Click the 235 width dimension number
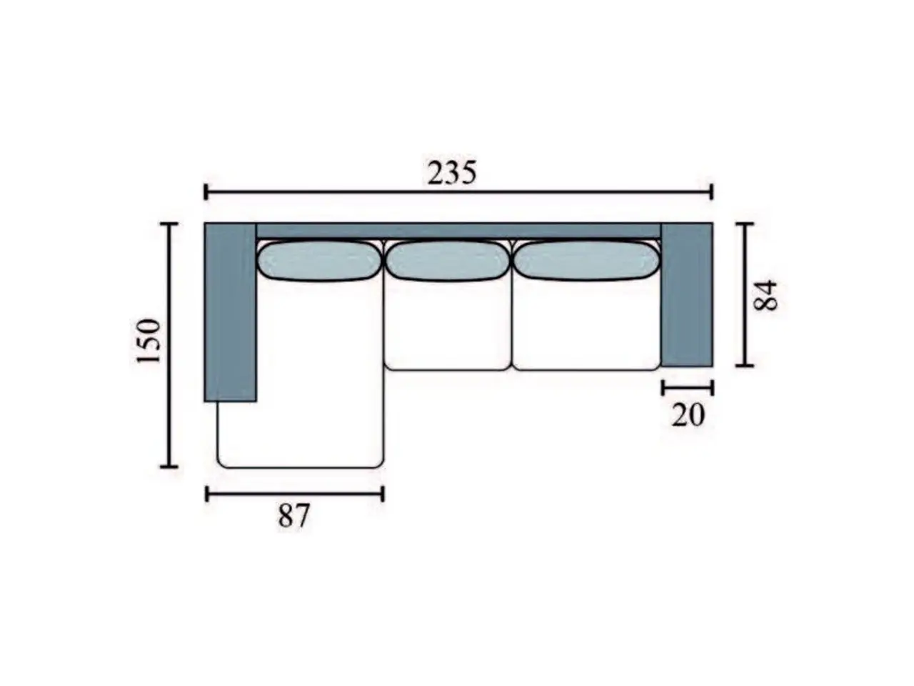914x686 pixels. (x=451, y=173)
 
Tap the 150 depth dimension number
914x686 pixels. (x=149, y=341)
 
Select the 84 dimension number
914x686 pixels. (x=765, y=295)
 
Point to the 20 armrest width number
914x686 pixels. (x=688, y=414)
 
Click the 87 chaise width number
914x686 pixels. (x=294, y=516)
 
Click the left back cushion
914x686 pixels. (x=319, y=261)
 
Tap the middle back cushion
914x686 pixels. (x=448, y=261)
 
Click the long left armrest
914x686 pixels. (x=230, y=312)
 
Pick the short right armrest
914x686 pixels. (x=687, y=295)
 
